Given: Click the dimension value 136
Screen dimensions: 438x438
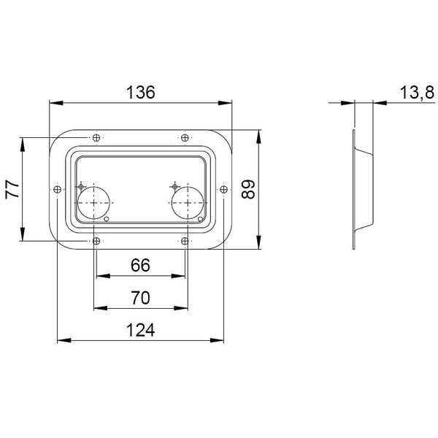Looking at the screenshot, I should (x=141, y=92).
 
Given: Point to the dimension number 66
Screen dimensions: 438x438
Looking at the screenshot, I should (x=140, y=265).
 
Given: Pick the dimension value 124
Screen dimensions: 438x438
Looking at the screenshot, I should (x=140, y=330).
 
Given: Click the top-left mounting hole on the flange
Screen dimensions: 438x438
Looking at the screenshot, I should (x=97, y=137).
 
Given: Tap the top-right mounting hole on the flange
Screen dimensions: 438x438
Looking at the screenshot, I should (x=185, y=137).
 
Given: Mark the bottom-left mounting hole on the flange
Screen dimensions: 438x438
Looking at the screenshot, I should (x=97, y=241).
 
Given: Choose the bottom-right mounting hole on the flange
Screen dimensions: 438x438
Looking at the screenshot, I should (x=185, y=241).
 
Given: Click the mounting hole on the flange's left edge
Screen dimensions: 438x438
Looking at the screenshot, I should (x=56, y=189).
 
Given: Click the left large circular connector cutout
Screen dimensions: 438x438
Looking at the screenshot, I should (x=93, y=203).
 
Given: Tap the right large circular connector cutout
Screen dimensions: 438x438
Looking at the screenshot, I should (x=187, y=203).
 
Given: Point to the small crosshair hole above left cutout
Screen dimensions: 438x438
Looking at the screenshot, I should (x=81, y=184).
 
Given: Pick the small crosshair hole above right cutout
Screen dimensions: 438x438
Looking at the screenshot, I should (x=175, y=184).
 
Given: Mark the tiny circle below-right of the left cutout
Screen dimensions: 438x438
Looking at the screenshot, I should (x=107, y=218).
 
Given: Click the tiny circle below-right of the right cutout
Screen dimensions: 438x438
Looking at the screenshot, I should (x=201, y=218).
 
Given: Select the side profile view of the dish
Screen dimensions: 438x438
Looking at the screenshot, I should (x=361, y=190).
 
